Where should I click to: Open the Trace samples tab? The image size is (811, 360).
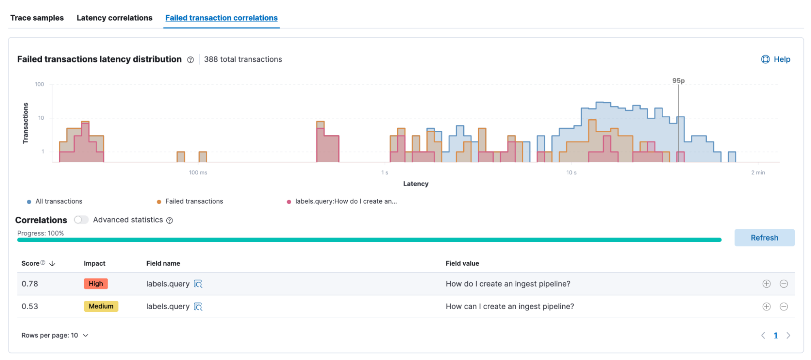(x=37, y=18)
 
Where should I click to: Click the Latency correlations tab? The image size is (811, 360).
(x=114, y=18)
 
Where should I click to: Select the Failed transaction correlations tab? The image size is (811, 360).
(x=221, y=18)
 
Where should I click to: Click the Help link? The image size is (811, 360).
(x=776, y=59)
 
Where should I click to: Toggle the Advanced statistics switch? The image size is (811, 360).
(x=81, y=220)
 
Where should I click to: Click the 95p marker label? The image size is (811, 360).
(x=678, y=81)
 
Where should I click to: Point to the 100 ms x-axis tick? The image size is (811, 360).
(x=198, y=172)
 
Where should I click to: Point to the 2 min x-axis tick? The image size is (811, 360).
(x=758, y=172)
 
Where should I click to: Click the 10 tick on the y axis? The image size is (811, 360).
(x=41, y=118)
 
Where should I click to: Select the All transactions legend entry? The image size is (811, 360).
(x=58, y=201)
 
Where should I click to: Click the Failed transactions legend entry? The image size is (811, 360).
(x=194, y=201)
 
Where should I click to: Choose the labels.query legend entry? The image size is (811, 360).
(x=346, y=201)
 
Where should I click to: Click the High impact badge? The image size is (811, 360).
(x=96, y=284)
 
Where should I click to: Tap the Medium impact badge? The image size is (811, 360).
(x=101, y=306)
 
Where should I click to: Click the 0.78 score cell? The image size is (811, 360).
(x=30, y=284)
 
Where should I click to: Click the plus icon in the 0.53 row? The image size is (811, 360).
(x=766, y=306)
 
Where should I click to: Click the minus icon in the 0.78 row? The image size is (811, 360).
(x=784, y=284)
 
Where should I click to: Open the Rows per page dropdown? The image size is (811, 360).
(x=55, y=335)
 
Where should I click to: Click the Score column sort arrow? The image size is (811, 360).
(x=52, y=263)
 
